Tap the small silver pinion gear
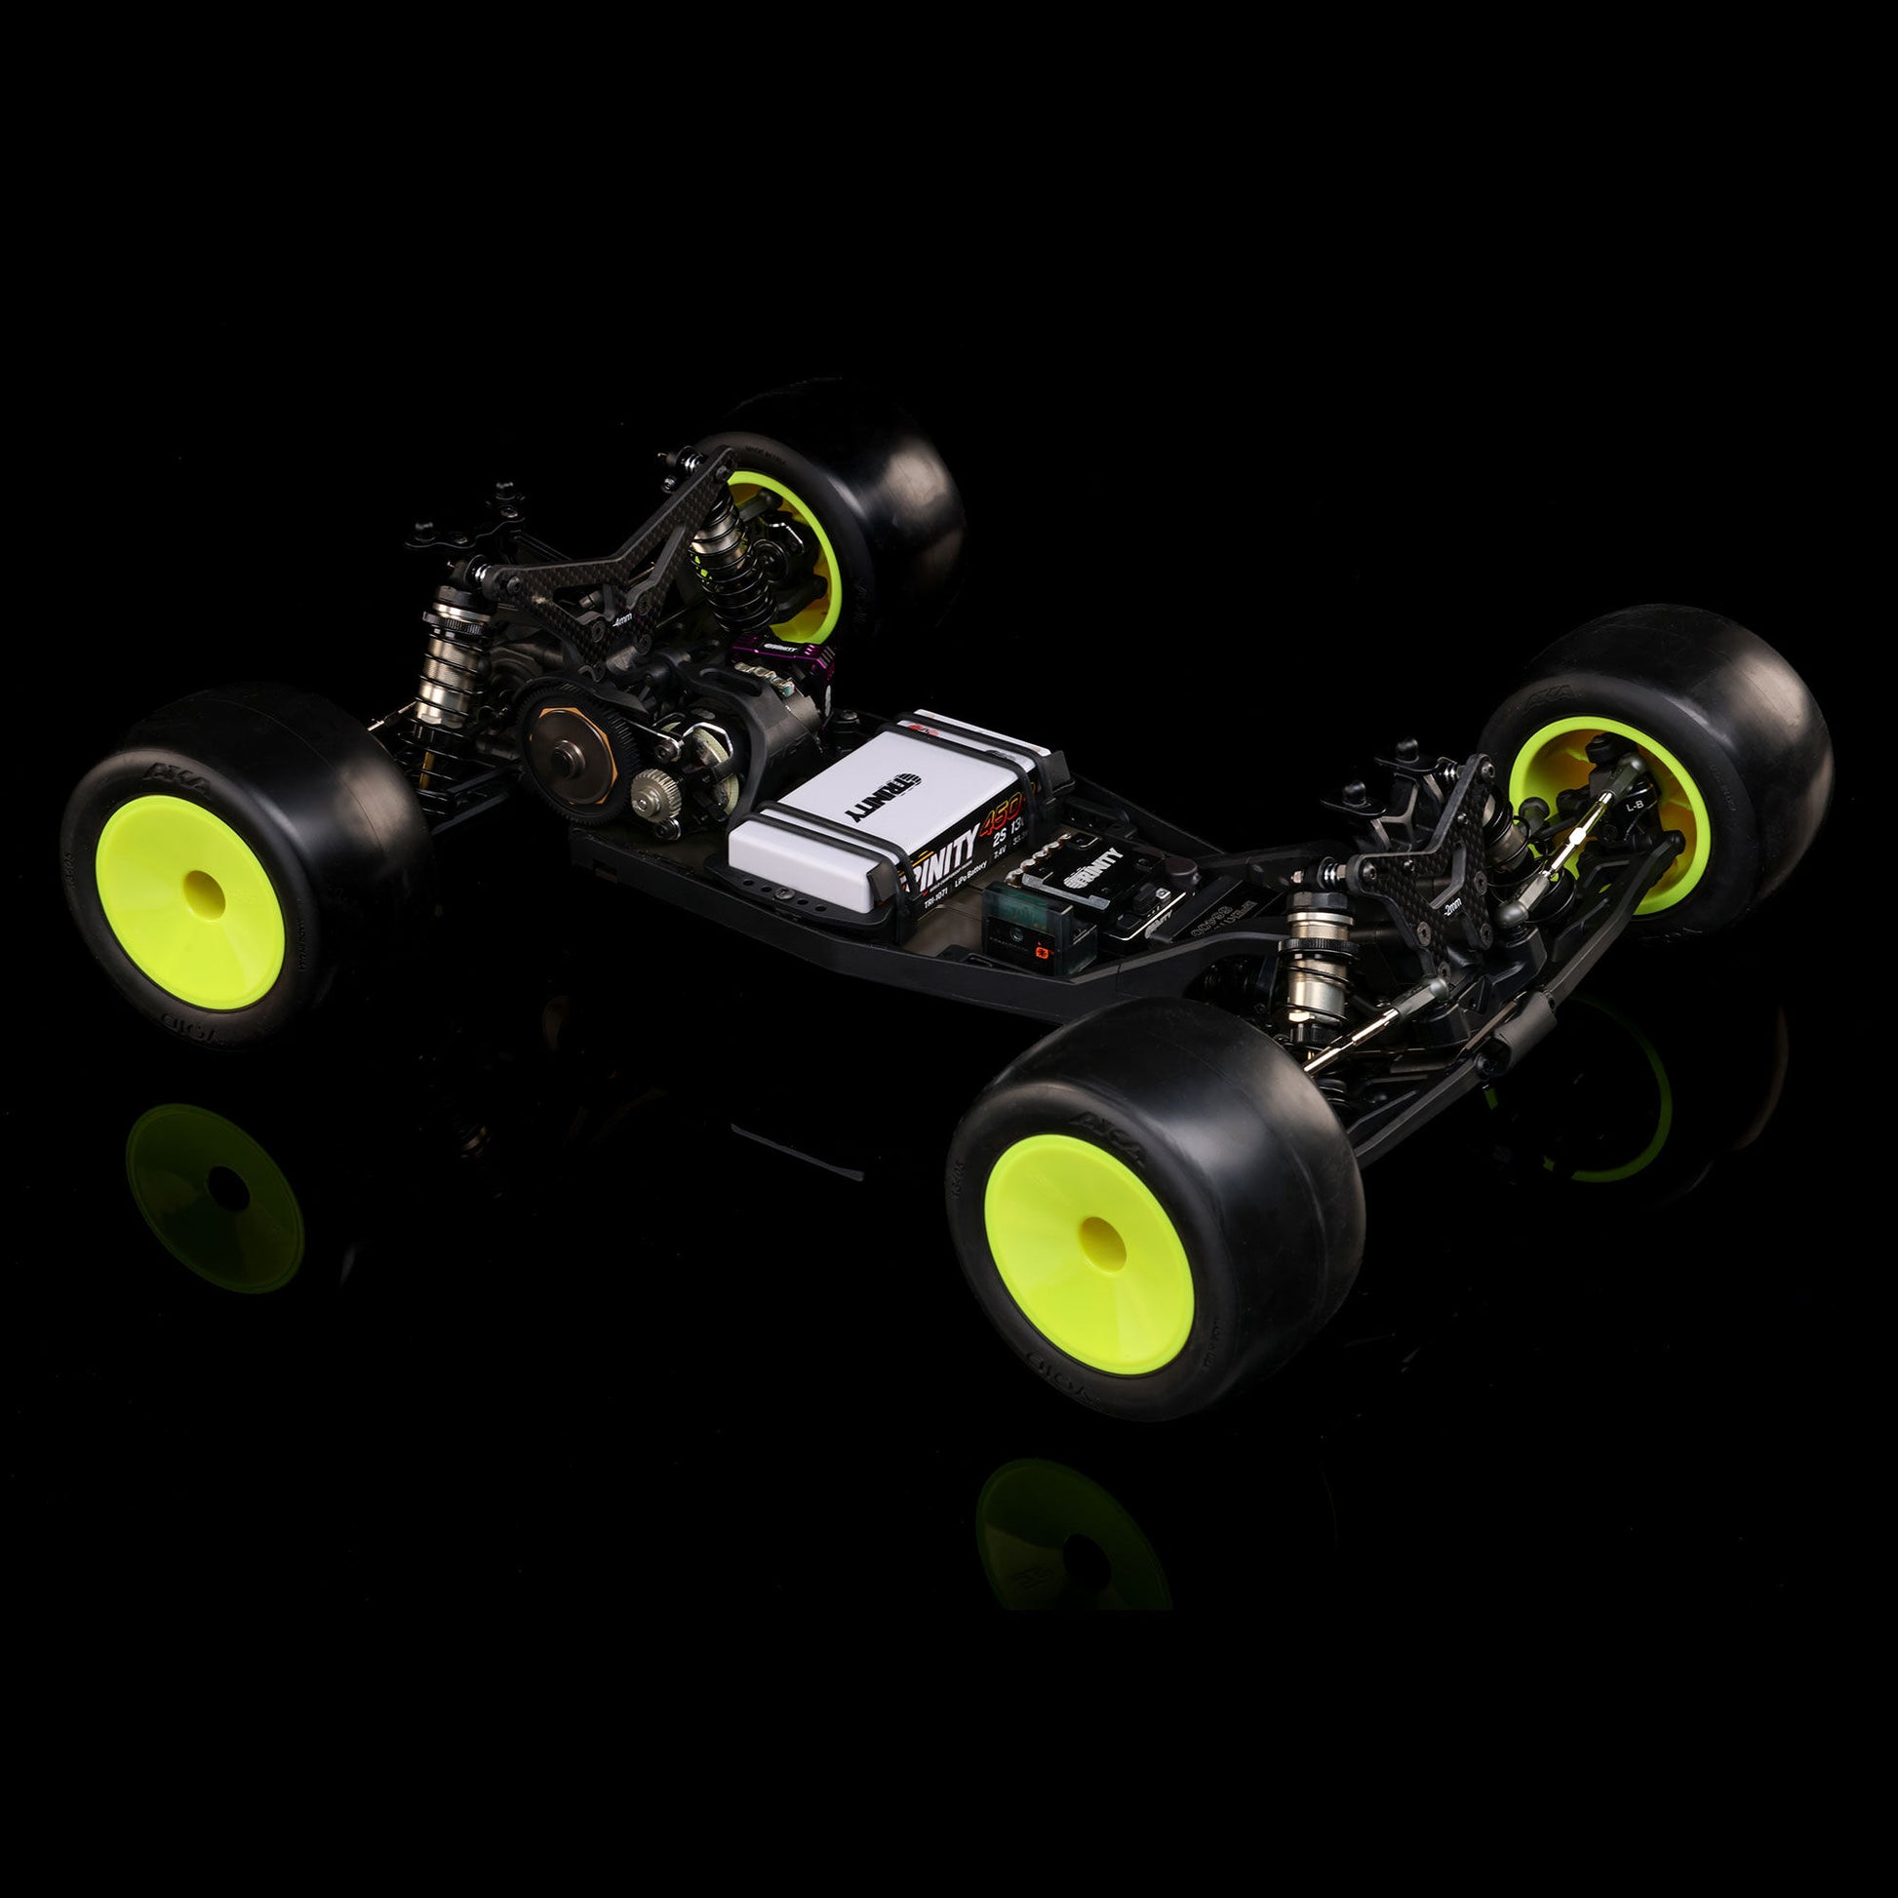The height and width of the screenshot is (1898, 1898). tap(651, 788)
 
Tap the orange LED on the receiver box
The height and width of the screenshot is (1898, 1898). tap(1039, 951)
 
